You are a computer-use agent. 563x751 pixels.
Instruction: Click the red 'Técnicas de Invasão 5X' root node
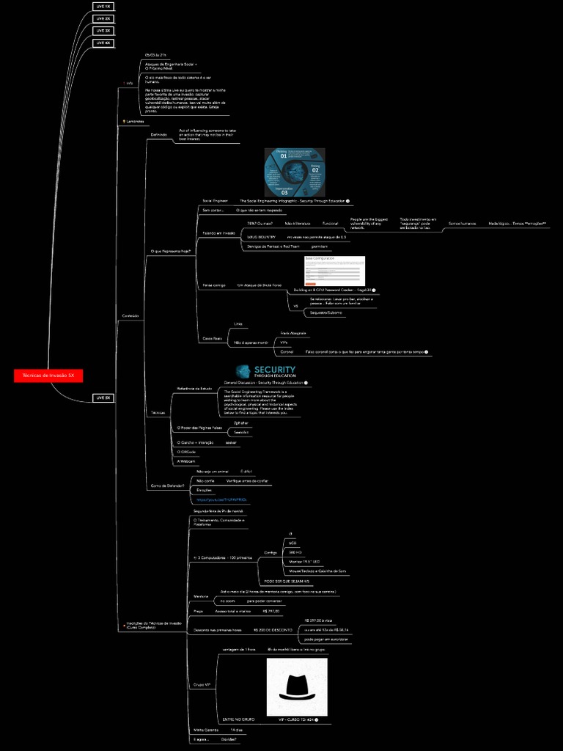pos(48,375)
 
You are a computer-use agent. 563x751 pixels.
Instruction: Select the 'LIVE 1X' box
pos(103,6)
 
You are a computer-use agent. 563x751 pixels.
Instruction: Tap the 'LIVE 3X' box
pos(103,31)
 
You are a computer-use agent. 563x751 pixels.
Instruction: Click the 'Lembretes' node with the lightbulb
pos(132,121)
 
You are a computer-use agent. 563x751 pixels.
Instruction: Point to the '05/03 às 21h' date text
pos(155,55)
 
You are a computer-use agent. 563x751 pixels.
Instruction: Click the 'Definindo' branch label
pos(158,135)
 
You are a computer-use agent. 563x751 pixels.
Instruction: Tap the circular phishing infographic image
pos(294,172)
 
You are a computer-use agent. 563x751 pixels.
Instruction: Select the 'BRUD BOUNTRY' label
pos(261,237)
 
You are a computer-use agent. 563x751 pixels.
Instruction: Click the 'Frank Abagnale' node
pos(293,333)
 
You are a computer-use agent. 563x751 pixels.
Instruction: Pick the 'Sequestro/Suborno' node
pos(326,312)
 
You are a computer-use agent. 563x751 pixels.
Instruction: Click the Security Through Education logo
pos(265,372)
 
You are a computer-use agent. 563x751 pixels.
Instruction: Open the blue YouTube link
pos(221,499)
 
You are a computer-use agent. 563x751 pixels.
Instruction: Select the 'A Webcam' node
pos(187,461)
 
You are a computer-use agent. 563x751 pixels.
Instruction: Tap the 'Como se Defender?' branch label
pos(167,486)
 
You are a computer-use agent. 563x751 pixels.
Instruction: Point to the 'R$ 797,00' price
pos(271,611)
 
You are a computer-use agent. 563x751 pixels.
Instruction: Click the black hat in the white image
pos(297,686)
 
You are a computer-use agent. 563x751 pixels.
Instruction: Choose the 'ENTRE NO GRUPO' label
pos(238,719)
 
